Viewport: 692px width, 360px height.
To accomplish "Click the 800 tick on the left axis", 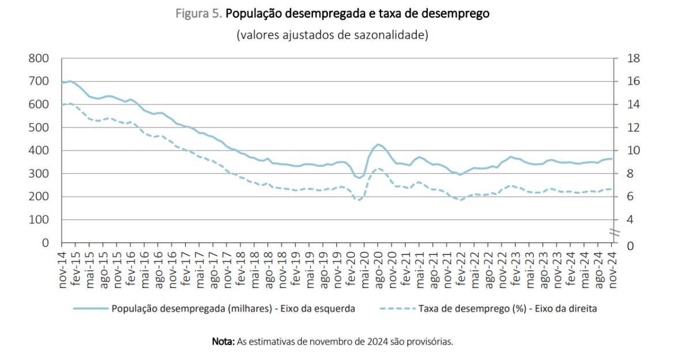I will (40, 58).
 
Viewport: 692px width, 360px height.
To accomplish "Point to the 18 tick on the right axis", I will (625, 58).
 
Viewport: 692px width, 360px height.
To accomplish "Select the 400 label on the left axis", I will (40, 151).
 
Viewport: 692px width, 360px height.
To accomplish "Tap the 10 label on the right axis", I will (625, 151).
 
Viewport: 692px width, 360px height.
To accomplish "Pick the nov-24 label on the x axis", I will (612, 269).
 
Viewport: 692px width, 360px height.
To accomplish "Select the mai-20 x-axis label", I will (364, 269).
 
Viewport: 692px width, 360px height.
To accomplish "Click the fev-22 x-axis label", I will (461, 269).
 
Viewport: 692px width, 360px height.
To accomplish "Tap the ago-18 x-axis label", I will (268, 269).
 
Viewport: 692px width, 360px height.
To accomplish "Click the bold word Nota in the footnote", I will (223, 342).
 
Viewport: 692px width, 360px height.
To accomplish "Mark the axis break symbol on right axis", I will (615, 232).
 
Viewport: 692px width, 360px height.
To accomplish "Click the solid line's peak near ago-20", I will (378, 144).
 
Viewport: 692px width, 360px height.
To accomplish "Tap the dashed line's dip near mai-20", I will (359, 200).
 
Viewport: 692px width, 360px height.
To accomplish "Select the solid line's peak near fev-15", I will (71, 81).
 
